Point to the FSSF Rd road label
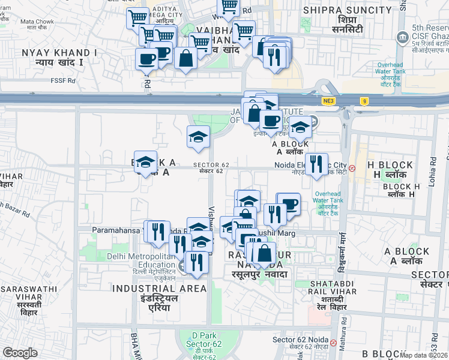tap(63, 80)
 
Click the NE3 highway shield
tap(327, 101)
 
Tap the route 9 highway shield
tap(364, 101)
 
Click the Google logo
tap(20, 352)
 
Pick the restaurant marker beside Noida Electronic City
tap(316, 163)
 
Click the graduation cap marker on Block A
tap(145, 162)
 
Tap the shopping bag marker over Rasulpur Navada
tap(264, 253)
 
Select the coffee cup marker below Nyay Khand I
tap(146, 59)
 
